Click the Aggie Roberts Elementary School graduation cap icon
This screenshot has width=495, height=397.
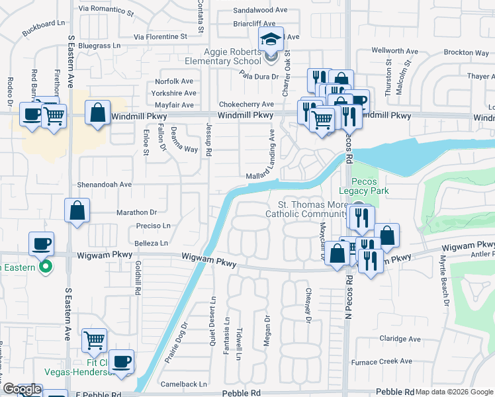pyautogui.click(x=271, y=40)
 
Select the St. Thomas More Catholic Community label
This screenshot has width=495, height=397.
pyautogui.click(x=306, y=209)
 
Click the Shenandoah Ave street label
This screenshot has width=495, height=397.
pyautogui.click(x=107, y=185)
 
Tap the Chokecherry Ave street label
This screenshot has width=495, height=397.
pyautogui.click(x=246, y=105)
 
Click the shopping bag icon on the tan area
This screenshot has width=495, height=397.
pyautogui.click(x=97, y=113)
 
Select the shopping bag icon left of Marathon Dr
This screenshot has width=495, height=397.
pyautogui.click(x=77, y=211)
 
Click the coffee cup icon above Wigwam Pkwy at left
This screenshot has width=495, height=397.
pyautogui.click(x=41, y=243)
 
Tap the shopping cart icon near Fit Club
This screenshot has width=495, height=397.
pyautogui.click(x=94, y=341)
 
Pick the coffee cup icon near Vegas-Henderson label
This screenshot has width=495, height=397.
pyautogui.click(x=121, y=361)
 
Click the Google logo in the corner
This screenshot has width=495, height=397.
pyautogui.click(x=21, y=390)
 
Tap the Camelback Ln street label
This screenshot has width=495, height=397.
pyautogui.click(x=184, y=384)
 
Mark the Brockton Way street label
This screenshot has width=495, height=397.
pyautogui.click(x=467, y=52)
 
